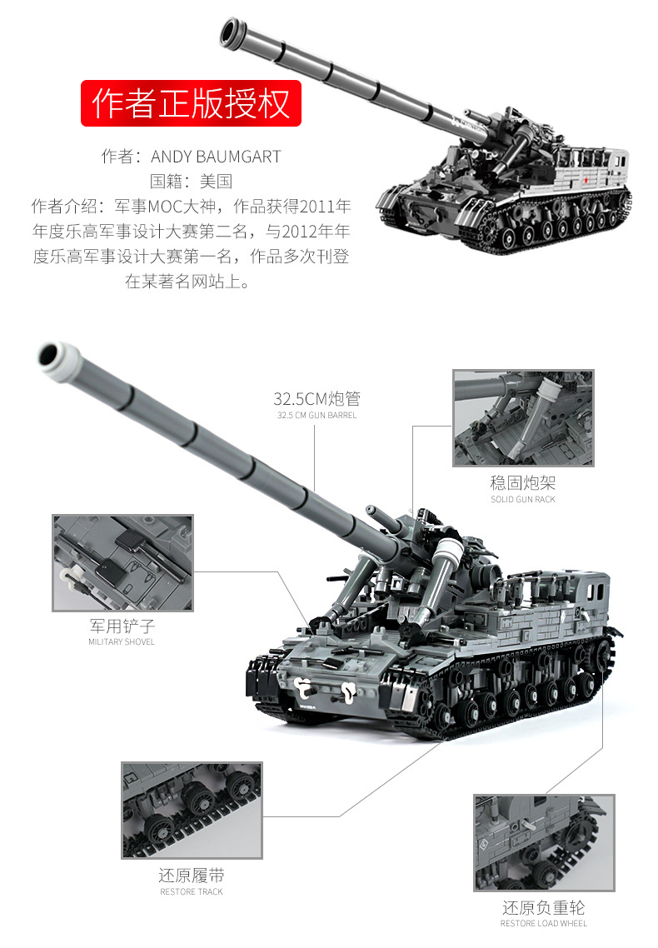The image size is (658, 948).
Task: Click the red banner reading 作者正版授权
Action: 191,103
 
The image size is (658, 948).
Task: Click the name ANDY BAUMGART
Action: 215,157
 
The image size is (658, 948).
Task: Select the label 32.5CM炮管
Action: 317,399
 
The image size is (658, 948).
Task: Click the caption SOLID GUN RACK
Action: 522,500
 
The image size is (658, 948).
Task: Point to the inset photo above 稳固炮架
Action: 523,418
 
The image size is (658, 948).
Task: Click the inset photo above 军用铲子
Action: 122,562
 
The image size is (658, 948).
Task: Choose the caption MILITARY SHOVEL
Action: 122,642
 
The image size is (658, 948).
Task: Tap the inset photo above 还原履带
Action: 192,809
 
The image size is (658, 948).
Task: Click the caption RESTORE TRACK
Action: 192,892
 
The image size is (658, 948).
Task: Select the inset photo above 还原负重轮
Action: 543,842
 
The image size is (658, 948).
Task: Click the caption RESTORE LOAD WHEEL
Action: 543,923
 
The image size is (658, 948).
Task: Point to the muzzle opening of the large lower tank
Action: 52,353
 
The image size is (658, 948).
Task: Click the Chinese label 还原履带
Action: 192,876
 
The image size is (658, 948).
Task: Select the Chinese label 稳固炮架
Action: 522,483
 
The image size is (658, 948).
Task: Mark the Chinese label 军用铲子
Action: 122,626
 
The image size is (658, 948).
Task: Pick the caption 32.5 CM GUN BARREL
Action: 317,416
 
